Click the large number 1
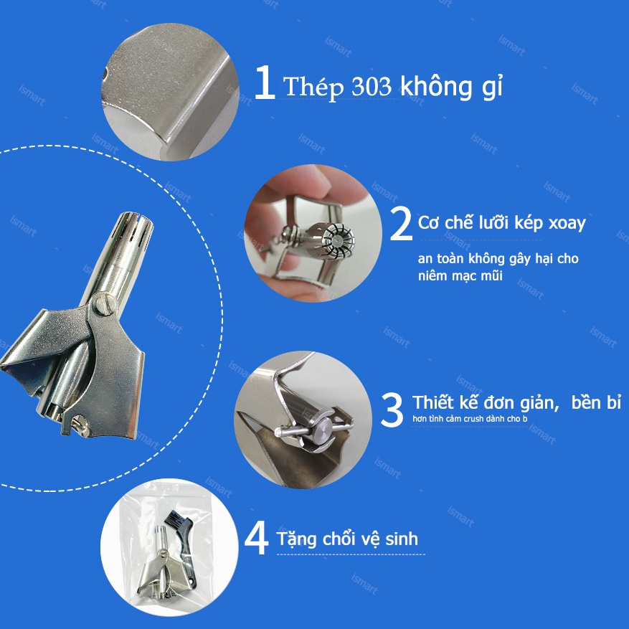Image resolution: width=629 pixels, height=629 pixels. [265, 85]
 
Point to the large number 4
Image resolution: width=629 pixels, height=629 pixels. [256, 539]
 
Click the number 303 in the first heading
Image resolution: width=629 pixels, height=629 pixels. [372, 88]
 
